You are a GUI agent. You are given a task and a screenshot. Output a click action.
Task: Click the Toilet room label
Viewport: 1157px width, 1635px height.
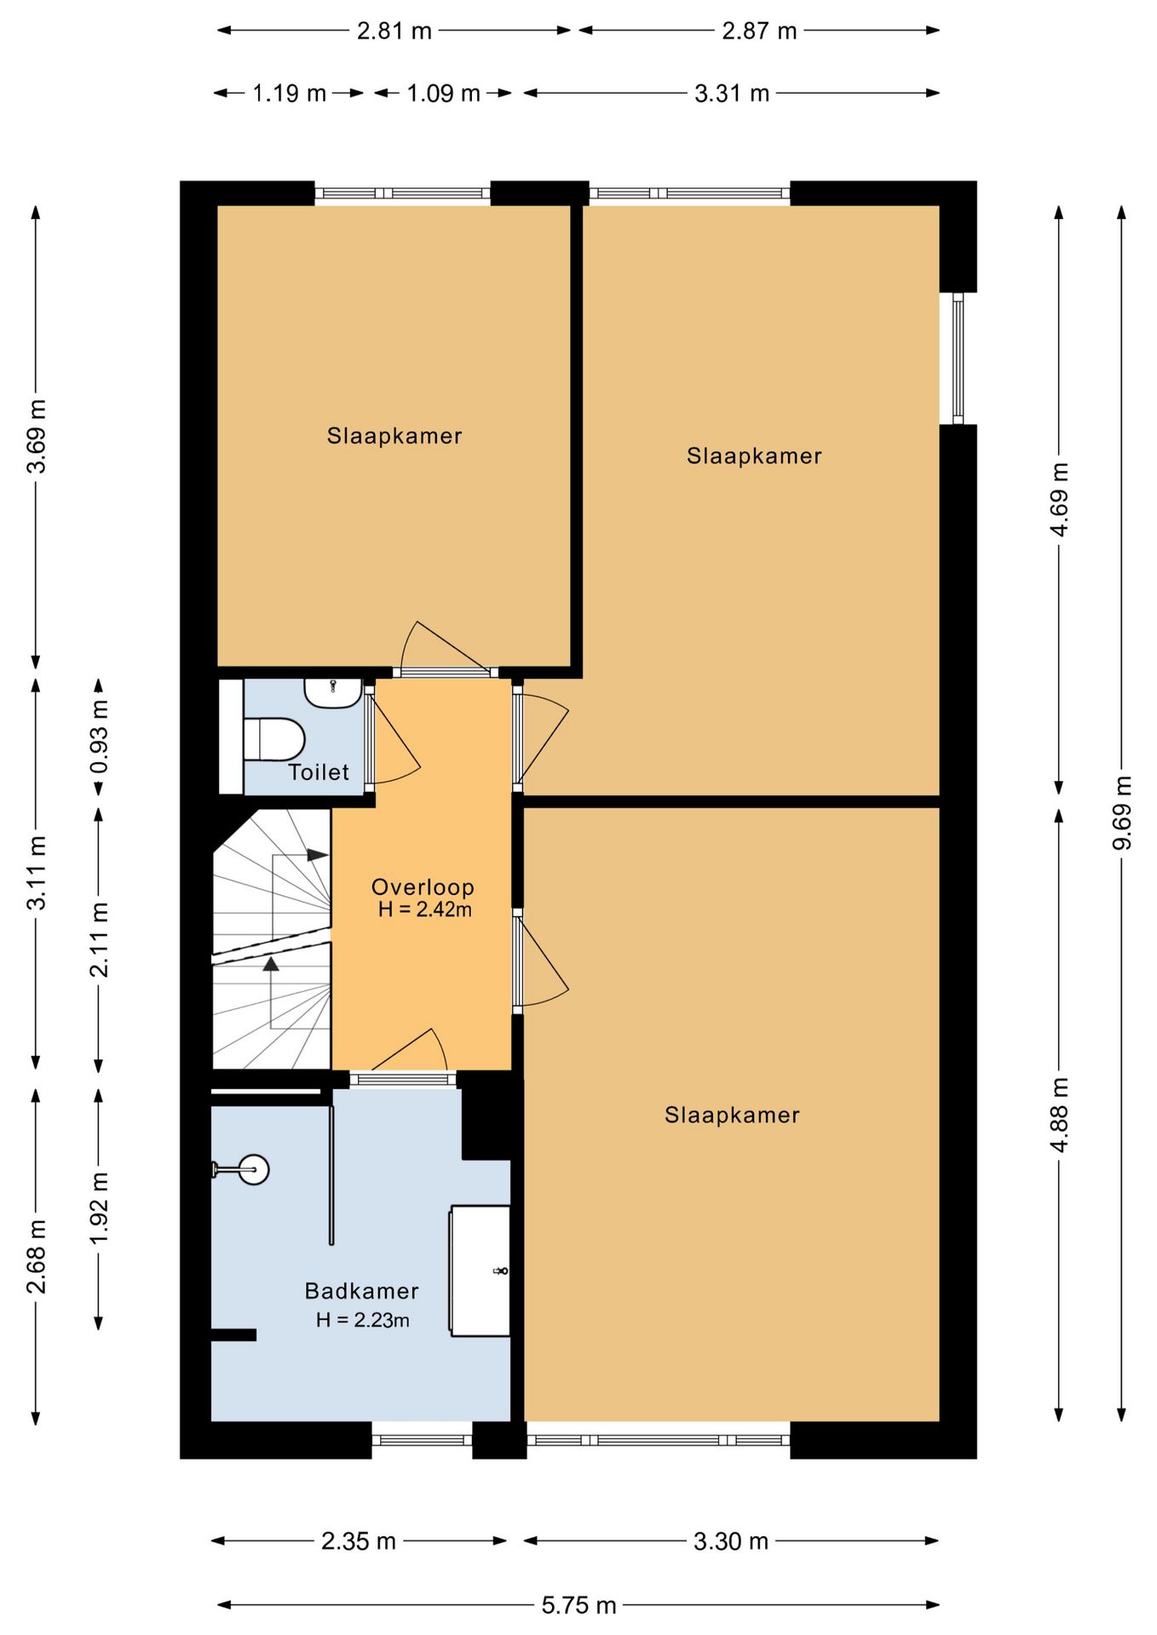319,772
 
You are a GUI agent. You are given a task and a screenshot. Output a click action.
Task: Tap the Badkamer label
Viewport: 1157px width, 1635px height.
362,1291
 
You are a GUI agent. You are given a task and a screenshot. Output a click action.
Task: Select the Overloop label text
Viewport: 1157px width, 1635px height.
423,886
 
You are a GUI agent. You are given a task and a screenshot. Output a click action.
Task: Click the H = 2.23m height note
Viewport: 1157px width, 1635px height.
363,1320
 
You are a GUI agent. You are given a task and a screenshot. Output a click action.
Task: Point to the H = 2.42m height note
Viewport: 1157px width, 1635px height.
425,909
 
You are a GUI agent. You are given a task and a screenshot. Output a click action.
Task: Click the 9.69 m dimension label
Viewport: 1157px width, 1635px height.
1122,812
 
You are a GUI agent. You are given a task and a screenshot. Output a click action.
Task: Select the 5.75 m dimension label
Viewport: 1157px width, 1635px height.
578,1605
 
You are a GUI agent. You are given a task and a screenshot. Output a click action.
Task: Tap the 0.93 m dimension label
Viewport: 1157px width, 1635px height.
100,737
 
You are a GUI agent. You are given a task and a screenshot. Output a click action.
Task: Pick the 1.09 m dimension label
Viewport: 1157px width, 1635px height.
443,93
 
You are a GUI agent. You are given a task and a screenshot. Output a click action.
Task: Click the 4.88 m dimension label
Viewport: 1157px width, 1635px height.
1059,1115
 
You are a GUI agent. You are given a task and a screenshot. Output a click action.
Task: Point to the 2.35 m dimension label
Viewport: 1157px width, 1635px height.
359,1541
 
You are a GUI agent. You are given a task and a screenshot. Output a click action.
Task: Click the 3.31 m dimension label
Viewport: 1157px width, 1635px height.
732,93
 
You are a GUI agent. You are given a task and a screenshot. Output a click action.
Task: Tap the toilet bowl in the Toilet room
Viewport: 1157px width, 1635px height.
274,739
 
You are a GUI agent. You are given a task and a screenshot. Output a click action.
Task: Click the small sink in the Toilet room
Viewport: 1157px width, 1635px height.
333,693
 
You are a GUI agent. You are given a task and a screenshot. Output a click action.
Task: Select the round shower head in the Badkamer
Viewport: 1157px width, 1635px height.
253,1169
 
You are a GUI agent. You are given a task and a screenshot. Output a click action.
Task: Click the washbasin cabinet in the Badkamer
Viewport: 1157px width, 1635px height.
480,1271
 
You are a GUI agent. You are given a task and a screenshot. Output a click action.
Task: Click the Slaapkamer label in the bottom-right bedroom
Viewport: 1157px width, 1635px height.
733,1115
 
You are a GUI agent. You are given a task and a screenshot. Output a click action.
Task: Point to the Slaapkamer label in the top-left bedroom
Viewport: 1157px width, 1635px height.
394,435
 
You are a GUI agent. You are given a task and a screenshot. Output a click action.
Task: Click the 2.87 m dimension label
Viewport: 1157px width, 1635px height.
759,31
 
